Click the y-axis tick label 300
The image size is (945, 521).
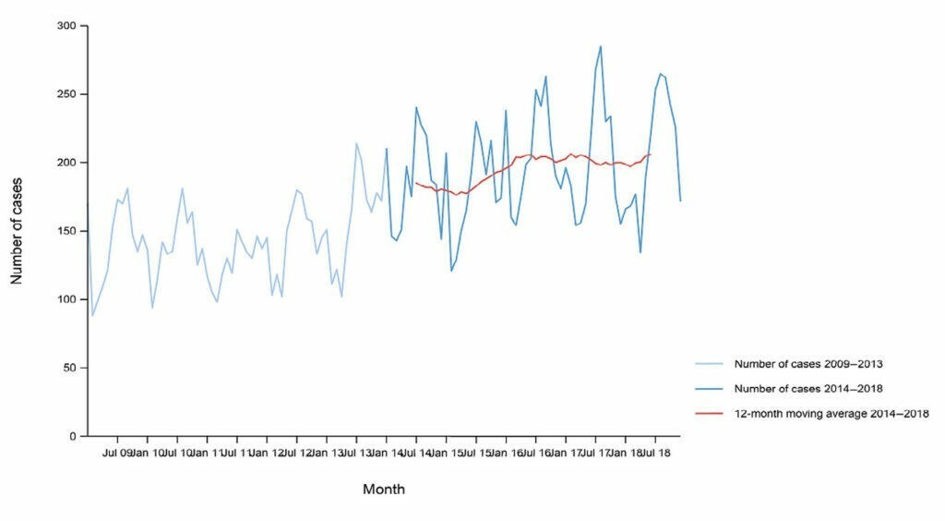click(66, 26)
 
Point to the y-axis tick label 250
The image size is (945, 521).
click(66, 94)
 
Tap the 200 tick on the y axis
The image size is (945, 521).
click(66, 163)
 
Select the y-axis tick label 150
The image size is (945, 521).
click(66, 231)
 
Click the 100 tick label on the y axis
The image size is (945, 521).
click(66, 299)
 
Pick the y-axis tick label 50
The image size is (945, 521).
click(69, 368)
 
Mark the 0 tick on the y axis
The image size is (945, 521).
click(73, 436)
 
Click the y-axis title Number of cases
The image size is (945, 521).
click(17, 231)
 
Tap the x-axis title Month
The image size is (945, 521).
click(383, 489)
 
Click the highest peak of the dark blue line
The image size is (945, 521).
click(601, 45)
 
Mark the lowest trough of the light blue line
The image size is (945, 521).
click(93, 316)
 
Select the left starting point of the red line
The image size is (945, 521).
click(416, 183)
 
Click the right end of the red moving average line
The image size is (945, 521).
click(651, 154)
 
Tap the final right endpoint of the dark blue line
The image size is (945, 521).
click(680, 200)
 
